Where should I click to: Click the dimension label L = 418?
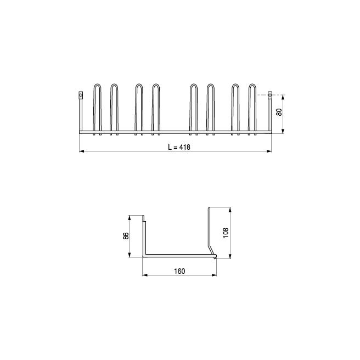pos(176,147)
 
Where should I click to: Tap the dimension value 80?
pos(279,113)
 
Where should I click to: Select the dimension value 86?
pos(126,236)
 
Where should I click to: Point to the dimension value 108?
pos(226,233)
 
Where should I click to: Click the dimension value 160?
pos(179,271)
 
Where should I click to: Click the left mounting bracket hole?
pos(81,95)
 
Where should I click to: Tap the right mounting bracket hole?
pos(270,95)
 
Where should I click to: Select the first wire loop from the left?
pos(97,108)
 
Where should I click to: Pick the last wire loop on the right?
pos(252,108)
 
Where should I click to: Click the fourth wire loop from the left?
pos(156,108)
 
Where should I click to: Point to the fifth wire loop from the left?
pos(193,108)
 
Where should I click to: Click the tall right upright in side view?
pos(209,228)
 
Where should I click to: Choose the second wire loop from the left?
pos(114,108)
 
